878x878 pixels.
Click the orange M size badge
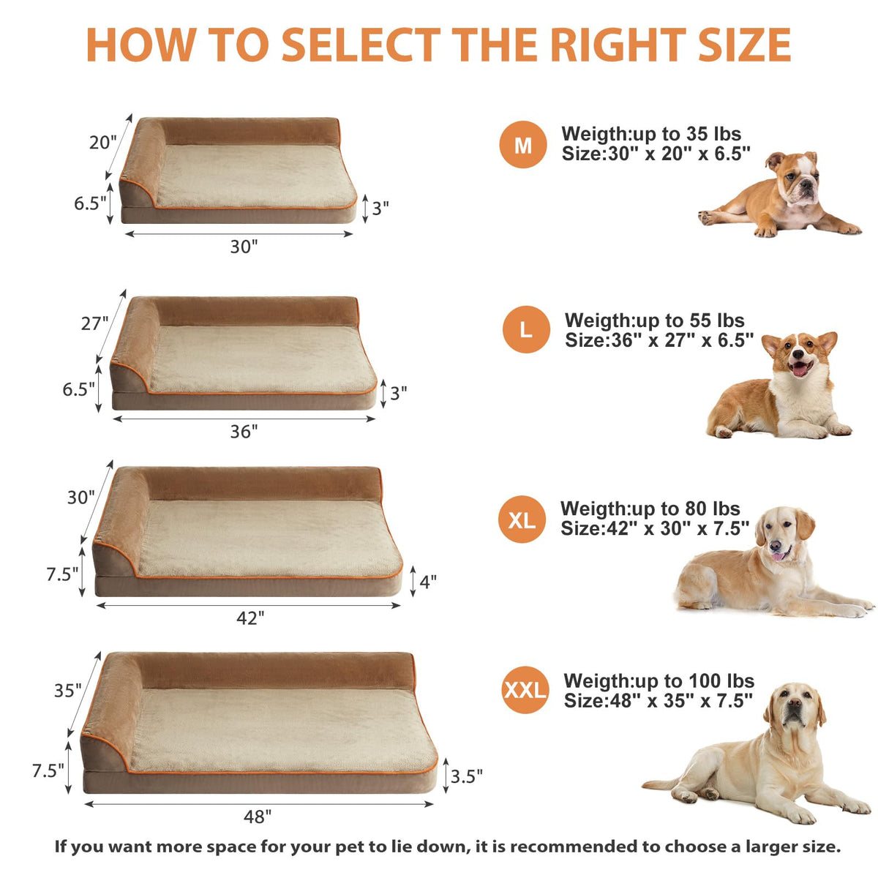point(522,144)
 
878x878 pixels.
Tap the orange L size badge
point(526,329)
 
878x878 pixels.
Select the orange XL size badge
point(522,519)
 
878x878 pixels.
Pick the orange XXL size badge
point(525,690)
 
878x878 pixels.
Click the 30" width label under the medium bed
point(244,247)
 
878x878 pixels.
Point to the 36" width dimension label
point(244,432)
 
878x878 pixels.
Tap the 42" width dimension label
point(250,618)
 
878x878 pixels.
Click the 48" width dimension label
point(257,817)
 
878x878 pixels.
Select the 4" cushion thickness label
point(428,582)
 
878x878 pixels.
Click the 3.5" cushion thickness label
point(466,776)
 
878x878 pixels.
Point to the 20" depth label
point(103,143)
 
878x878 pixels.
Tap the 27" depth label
point(95,323)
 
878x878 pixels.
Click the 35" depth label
point(68,691)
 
